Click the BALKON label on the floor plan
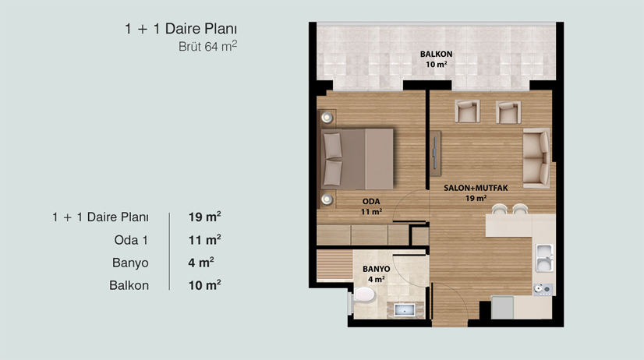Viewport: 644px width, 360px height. pyautogui.click(x=436, y=54)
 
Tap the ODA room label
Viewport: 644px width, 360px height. pyautogui.click(x=371, y=202)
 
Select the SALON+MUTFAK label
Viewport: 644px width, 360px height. pyautogui.click(x=476, y=188)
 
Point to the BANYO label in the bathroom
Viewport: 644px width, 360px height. pyautogui.click(x=377, y=269)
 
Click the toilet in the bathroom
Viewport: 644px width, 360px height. pyautogui.click(x=363, y=295)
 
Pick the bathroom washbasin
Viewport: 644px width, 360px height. pyautogui.click(x=405, y=309)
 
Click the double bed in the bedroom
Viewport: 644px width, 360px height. pyautogui.click(x=356, y=159)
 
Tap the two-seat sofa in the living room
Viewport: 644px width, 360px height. pyautogui.click(x=536, y=158)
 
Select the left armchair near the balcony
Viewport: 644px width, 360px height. pyautogui.click(x=467, y=111)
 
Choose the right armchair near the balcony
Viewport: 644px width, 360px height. pyautogui.click(x=508, y=111)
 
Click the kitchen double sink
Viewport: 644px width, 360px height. pyautogui.click(x=545, y=258)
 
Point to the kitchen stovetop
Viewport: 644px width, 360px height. pyautogui.click(x=543, y=289)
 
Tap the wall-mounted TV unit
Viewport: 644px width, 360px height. pyautogui.click(x=435, y=154)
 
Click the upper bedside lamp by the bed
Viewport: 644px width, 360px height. pyautogui.click(x=327, y=118)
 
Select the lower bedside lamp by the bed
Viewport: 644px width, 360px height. pyautogui.click(x=327, y=200)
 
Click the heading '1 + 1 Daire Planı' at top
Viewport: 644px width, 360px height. pyautogui.click(x=181, y=29)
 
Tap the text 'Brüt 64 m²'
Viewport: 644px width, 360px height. pyautogui.click(x=207, y=46)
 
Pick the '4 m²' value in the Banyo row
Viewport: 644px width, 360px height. pyautogui.click(x=201, y=263)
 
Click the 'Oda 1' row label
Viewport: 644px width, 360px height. pyautogui.click(x=131, y=240)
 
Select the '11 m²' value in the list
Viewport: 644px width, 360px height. pyautogui.click(x=204, y=240)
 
